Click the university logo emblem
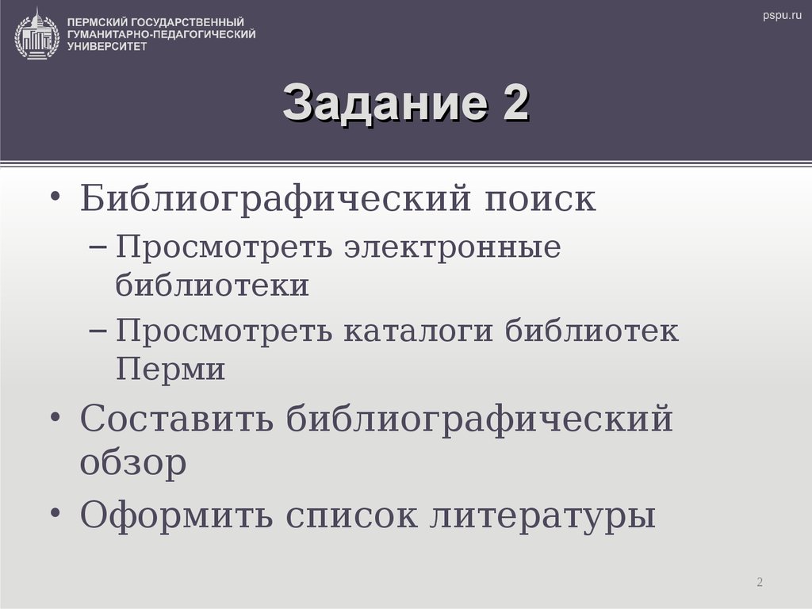click(x=36, y=33)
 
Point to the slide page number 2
click(x=760, y=583)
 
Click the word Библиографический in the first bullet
click(x=269, y=198)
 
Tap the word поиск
click(x=539, y=198)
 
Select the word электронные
click(x=452, y=247)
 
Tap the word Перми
click(x=170, y=370)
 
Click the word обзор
click(x=133, y=463)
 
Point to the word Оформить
click(x=176, y=516)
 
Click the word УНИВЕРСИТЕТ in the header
click(x=107, y=47)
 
